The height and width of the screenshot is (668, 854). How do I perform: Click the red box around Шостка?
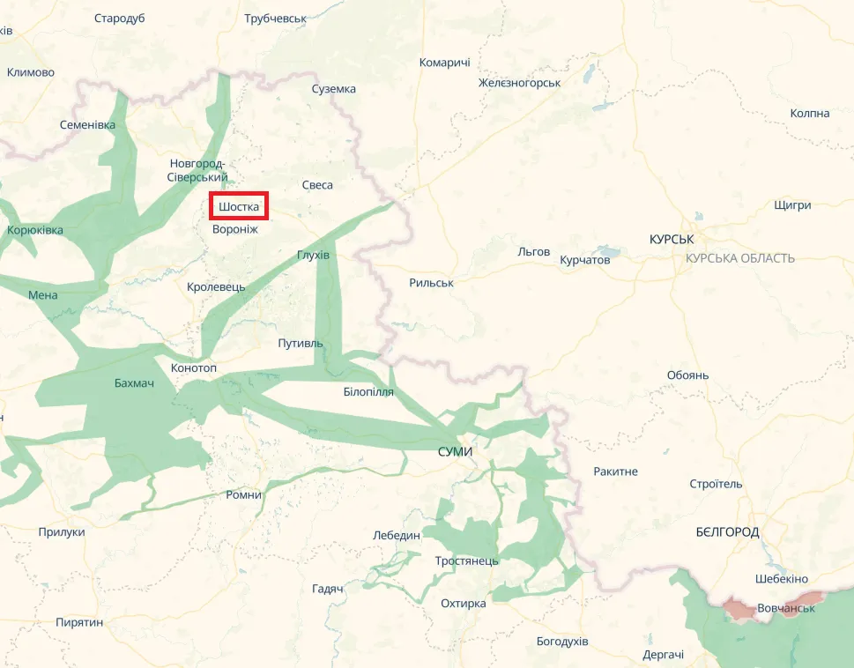[x=239, y=205]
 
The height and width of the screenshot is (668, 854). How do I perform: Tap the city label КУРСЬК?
[x=672, y=240]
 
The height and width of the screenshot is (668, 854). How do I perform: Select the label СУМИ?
[x=455, y=451]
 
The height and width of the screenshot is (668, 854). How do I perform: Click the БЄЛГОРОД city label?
[x=727, y=532]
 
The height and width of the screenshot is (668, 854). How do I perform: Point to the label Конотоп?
[x=192, y=367]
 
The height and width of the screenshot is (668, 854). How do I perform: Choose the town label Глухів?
[x=313, y=255]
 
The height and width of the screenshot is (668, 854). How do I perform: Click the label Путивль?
[x=301, y=343]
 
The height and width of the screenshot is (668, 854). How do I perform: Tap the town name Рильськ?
[x=431, y=283]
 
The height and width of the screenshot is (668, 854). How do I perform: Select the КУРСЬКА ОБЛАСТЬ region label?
[x=740, y=258]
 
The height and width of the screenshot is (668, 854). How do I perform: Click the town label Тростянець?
[x=467, y=560]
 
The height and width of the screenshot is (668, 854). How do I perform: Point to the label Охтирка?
[x=464, y=604]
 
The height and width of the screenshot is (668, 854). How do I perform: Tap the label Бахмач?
[x=134, y=382]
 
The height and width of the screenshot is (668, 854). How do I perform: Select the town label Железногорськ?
[x=519, y=82]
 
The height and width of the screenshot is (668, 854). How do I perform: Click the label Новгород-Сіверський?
[x=197, y=170]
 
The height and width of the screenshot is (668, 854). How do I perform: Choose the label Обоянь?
[x=687, y=375]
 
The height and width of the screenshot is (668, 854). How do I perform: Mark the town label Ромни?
[x=244, y=494]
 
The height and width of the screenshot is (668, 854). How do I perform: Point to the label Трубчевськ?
[x=275, y=18]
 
